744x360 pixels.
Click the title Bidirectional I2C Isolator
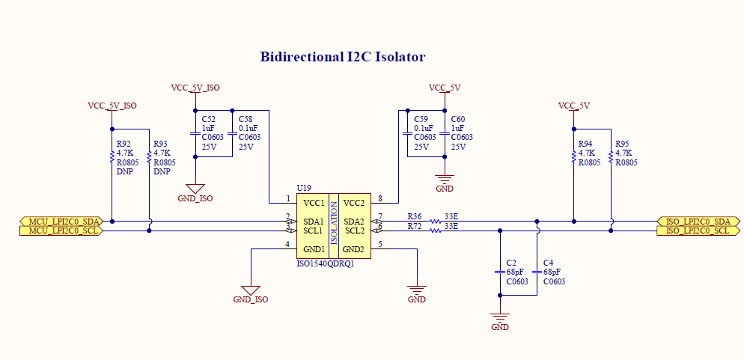(343, 57)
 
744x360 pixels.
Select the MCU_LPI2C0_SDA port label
(59, 221)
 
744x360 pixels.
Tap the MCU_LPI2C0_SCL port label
(59, 231)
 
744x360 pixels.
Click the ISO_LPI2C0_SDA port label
(698, 221)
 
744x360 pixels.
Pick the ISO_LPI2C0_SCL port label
(698, 231)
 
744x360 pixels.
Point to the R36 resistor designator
(414, 217)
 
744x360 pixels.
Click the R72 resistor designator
(414, 226)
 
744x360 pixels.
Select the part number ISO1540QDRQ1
(326, 263)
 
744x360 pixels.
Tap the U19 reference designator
(303, 189)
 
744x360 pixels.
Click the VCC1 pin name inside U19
(314, 203)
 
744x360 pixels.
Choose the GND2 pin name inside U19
(353, 249)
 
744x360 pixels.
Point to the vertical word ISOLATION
(334, 226)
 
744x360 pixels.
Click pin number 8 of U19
(380, 198)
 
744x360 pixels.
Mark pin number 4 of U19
(287, 244)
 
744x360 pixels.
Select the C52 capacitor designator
(208, 118)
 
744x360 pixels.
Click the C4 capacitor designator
(548, 263)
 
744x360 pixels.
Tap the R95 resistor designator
(622, 144)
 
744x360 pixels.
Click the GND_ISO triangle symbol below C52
(195, 189)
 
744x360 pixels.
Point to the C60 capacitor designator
(458, 118)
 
